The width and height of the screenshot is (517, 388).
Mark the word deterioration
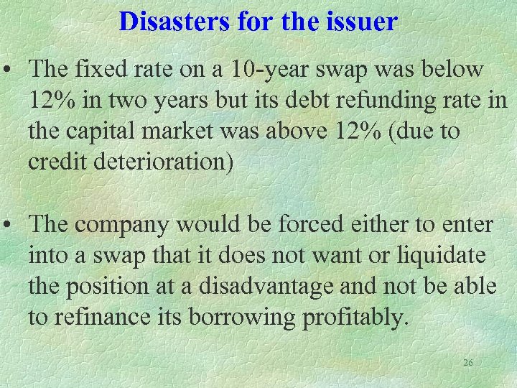click(x=162, y=162)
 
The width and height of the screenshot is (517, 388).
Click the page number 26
click(x=467, y=363)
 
